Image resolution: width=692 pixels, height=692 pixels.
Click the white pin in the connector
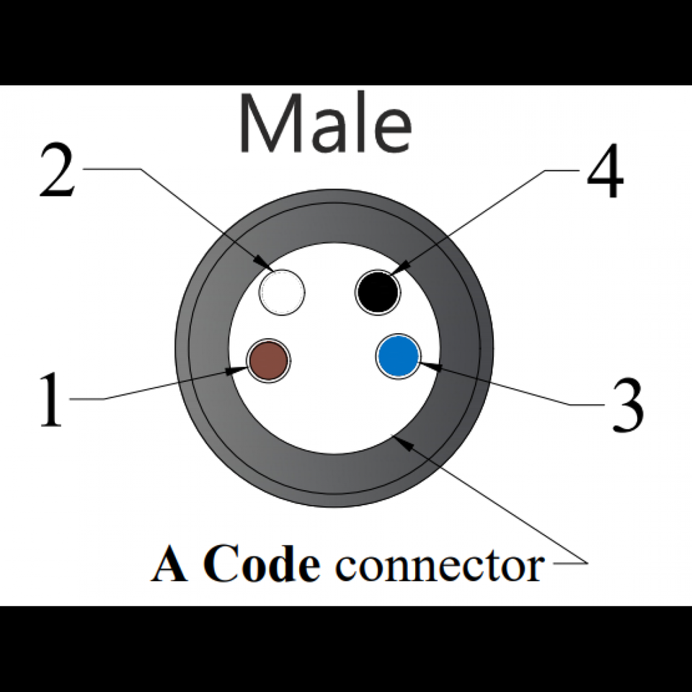282,291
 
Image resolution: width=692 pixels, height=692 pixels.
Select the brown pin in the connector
268,360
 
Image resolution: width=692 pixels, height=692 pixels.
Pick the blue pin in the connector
398,356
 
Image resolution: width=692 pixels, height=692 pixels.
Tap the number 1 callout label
50,400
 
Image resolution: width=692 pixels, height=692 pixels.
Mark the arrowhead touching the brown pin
238,371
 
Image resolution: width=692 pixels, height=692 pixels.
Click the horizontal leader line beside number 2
112,169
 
